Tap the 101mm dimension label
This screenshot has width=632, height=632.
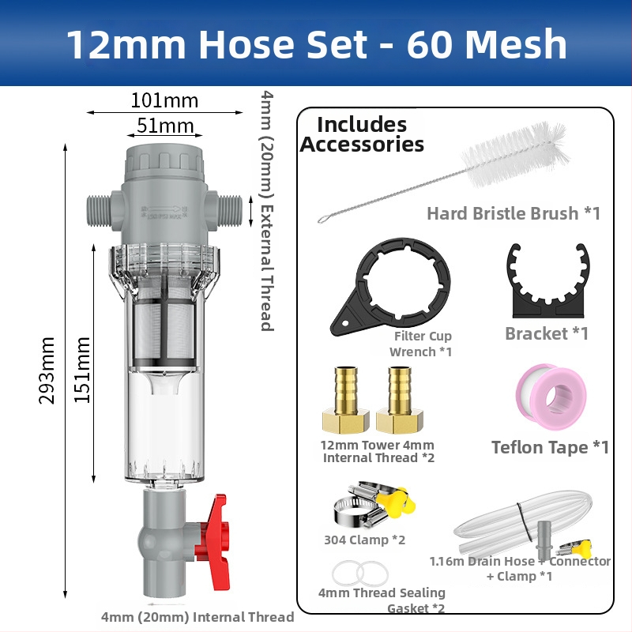[164, 100]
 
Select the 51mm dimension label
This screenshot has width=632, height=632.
[165, 126]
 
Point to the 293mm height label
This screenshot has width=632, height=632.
[47, 371]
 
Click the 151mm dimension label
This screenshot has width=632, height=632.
[82, 370]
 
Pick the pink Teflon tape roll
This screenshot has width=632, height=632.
[551, 397]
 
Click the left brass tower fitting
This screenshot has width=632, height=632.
[345, 401]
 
